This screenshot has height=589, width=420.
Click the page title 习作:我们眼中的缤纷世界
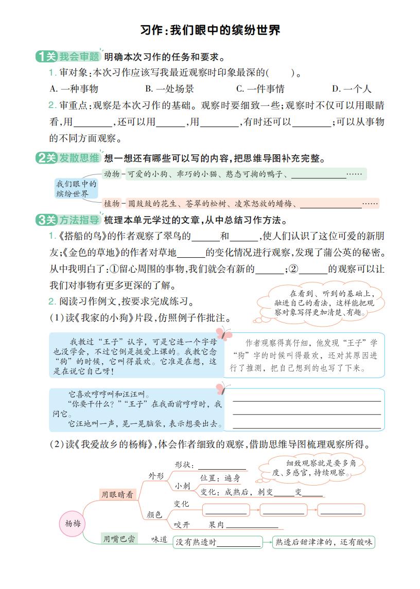(x=210, y=30)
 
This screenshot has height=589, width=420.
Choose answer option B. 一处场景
(x=169, y=88)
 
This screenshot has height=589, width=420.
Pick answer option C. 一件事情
(x=260, y=88)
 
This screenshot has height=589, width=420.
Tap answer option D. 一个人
(x=351, y=88)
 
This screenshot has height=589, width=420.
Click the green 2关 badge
(x=46, y=158)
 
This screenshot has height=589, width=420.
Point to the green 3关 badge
(x=46, y=220)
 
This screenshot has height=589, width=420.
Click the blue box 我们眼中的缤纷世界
(x=76, y=188)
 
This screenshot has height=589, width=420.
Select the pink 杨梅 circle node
(x=73, y=523)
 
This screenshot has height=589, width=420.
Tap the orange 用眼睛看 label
(x=117, y=494)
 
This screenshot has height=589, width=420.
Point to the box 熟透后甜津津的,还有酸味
(x=324, y=542)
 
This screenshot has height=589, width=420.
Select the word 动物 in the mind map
(x=112, y=174)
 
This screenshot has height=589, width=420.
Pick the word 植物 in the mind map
(x=112, y=203)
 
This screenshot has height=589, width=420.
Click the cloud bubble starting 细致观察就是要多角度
(x=312, y=468)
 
